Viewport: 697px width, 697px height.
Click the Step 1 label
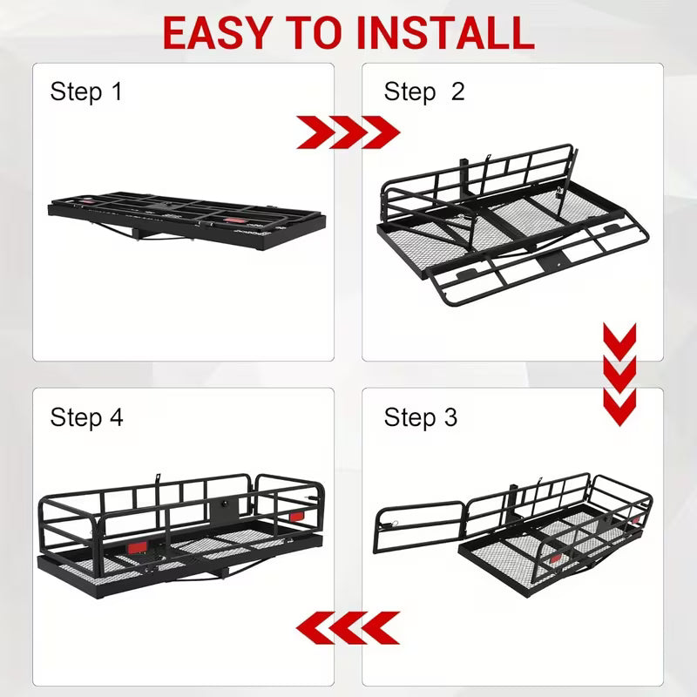pyautogui.click(x=86, y=91)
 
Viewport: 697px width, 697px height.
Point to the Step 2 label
pyautogui.click(x=424, y=91)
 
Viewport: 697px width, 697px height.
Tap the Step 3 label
pyautogui.click(x=420, y=417)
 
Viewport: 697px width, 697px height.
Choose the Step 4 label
pyautogui.click(x=86, y=417)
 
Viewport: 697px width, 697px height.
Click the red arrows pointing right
pyautogui.click(x=348, y=133)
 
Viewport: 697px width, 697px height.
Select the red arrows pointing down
pyautogui.click(x=619, y=375)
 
